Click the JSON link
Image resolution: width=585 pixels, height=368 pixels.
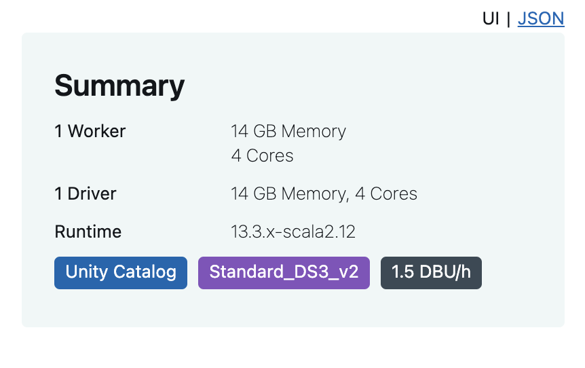(541, 18)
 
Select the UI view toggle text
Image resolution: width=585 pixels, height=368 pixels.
(491, 18)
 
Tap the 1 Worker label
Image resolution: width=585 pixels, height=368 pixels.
(90, 131)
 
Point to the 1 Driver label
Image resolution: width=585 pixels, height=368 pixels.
(86, 194)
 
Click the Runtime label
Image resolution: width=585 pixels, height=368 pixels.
(88, 232)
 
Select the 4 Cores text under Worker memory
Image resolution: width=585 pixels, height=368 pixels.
(262, 155)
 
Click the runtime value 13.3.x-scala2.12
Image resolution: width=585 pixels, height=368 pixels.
(293, 232)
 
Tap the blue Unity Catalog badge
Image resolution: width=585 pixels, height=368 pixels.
(121, 273)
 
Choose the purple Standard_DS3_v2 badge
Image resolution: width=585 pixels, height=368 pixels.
(284, 273)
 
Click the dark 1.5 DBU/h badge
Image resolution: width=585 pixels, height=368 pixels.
(432, 273)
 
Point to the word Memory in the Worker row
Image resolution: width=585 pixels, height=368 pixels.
(314, 132)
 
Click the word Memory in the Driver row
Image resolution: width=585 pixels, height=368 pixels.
(315, 194)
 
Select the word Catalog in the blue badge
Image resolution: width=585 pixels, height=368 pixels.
(145, 272)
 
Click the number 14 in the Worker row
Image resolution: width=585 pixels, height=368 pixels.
(240, 131)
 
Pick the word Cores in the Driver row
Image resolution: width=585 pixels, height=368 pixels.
(394, 194)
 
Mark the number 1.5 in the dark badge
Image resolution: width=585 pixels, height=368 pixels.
(402, 272)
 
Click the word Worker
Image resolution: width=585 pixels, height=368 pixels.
(96, 131)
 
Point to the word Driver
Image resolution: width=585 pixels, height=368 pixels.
(92, 194)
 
